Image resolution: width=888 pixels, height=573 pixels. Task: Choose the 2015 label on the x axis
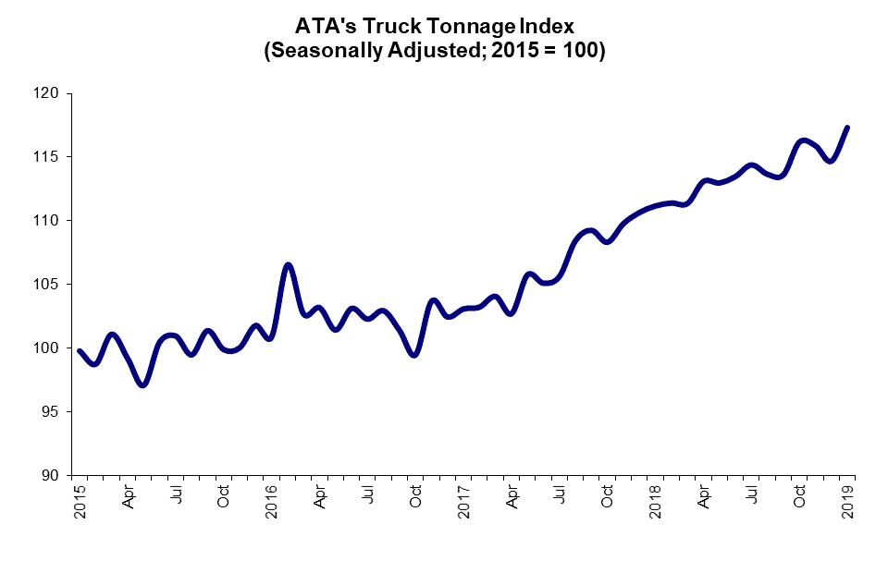pos(80,500)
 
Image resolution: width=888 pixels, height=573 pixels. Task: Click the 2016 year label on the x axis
pos(272,500)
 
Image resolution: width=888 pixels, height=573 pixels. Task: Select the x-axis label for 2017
pos(464,500)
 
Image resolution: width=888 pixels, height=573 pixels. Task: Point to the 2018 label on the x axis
pos(656,500)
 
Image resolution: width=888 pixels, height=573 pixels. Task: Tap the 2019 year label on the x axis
pos(847,500)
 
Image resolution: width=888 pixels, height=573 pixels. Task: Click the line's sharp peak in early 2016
pos(288,265)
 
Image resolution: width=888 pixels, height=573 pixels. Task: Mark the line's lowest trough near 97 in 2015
pos(142,384)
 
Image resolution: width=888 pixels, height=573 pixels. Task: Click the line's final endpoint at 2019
pos(847,128)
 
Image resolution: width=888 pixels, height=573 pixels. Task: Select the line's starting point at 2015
pos(80,351)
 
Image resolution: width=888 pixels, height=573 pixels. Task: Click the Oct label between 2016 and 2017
pos(416,496)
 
